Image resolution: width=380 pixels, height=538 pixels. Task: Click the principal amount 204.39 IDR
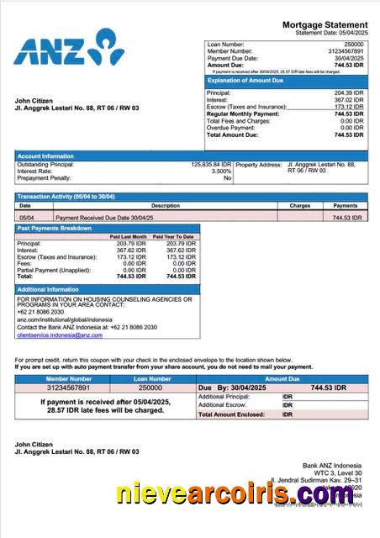348,92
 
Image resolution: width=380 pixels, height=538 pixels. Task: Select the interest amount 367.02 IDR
348,100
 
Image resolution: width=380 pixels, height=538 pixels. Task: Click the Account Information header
45,156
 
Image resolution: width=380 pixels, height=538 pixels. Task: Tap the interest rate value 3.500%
221,171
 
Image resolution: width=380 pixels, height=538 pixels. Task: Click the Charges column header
300,205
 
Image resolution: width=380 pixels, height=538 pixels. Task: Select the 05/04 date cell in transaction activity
25,217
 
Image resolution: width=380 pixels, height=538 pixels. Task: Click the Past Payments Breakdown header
55,229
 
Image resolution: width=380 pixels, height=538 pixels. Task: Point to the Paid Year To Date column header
174,237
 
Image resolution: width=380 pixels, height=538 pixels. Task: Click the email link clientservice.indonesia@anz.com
60,335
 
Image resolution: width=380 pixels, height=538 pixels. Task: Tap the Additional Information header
49,289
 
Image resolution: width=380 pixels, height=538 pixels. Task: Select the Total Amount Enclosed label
232,414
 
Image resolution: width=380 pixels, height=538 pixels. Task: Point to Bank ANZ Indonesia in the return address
332,466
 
